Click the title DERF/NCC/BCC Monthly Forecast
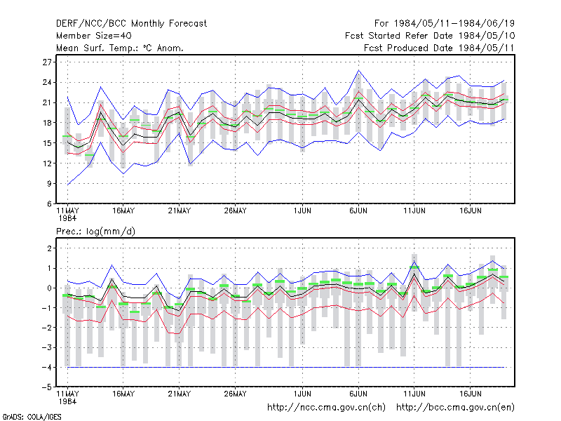(x=131, y=24)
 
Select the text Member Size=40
(x=94, y=36)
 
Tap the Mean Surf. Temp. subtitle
(x=119, y=48)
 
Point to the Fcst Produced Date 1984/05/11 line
(x=439, y=48)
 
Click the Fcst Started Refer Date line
(x=430, y=36)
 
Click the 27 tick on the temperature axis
(x=47, y=62)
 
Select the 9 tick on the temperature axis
(x=49, y=184)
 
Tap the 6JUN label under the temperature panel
(x=358, y=210)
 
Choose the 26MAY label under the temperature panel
(x=235, y=210)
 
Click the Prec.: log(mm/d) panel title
(x=95, y=232)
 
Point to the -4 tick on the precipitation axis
(x=47, y=367)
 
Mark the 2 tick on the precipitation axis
(x=49, y=248)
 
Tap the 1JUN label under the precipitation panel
(x=302, y=394)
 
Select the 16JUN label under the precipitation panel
(x=470, y=394)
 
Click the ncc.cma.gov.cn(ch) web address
(x=326, y=408)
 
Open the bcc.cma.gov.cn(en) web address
(x=455, y=408)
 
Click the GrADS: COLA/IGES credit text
(x=32, y=417)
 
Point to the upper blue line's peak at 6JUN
(x=358, y=71)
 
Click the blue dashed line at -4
(x=286, y=367)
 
